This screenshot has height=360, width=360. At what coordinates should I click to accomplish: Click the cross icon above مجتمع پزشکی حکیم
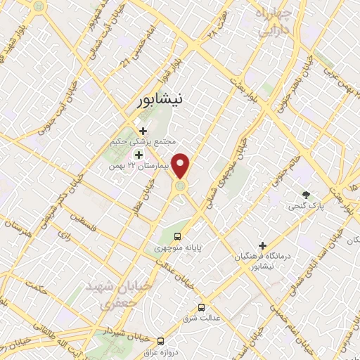coord(144,130)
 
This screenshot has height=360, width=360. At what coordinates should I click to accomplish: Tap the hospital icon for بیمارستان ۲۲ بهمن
coord(139,155)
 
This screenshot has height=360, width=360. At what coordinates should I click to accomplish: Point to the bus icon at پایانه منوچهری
coord(177,236)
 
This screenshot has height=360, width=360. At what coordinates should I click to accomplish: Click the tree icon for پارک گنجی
coord(305,194)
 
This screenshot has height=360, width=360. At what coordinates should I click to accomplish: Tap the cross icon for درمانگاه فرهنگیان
coord(263,246)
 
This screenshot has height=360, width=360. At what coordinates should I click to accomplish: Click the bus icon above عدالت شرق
coord(202,307)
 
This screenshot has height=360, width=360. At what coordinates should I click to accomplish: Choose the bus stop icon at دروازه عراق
coord(161,339)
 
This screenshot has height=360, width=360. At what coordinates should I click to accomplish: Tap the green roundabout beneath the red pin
coord(181,186)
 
